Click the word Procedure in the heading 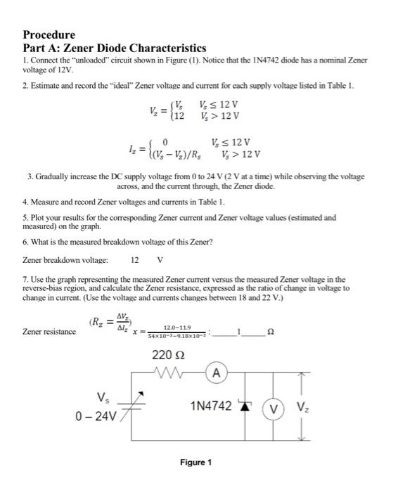pos(49,34)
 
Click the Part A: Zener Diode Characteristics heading pos(114,48)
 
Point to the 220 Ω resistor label pos(168,356)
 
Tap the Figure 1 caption pos(195,462)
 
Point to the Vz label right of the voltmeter pos(302,408)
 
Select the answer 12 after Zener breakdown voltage pos(134,259)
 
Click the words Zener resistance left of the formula pos(49,331)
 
